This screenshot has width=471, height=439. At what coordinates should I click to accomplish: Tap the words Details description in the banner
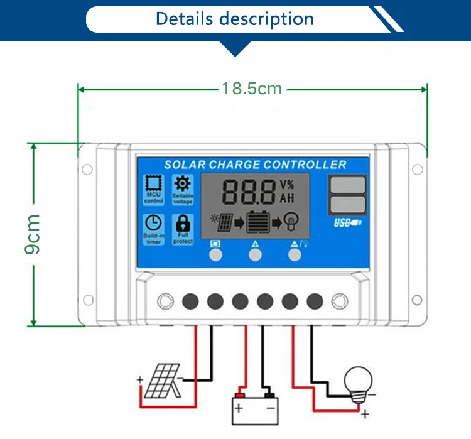[x=235, y=19]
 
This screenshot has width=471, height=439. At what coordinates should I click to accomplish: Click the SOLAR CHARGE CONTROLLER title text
[x=255, y=165]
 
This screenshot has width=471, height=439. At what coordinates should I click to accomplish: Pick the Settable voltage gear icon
[x=183, y=184]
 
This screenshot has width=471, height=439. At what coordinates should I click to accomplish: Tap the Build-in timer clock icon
[x=153, y=223]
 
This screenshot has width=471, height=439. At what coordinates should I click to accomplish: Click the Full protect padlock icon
[x=183, y=223]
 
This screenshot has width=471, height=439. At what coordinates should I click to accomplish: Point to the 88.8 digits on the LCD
[x=249, y=192]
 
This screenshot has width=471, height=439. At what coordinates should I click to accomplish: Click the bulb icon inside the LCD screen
[x=290, y=221]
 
